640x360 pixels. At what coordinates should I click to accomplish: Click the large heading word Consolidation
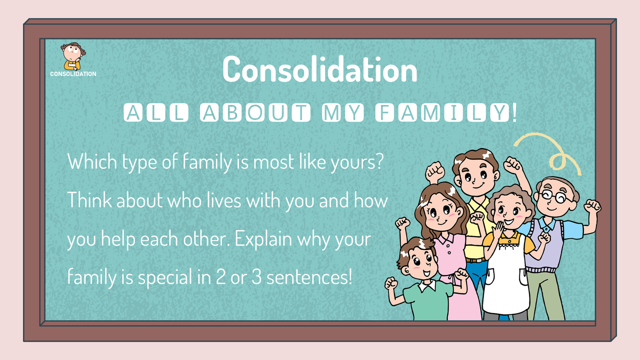(320, 69)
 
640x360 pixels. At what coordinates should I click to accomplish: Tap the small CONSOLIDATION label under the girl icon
(73, 74)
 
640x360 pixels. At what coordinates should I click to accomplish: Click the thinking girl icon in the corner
(73, 56)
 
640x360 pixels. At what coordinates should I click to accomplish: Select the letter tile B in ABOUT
(232, 112)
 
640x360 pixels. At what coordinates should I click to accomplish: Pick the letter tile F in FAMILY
(384, 112)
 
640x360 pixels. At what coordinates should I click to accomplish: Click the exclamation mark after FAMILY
(515, 112)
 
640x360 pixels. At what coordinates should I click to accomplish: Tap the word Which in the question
(92, 162)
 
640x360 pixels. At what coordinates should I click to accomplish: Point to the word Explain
(263, 240)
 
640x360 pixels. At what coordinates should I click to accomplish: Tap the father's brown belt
(475, 260)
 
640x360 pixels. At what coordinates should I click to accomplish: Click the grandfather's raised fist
(592, 206)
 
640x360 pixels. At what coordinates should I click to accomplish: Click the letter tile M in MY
(331, 112)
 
